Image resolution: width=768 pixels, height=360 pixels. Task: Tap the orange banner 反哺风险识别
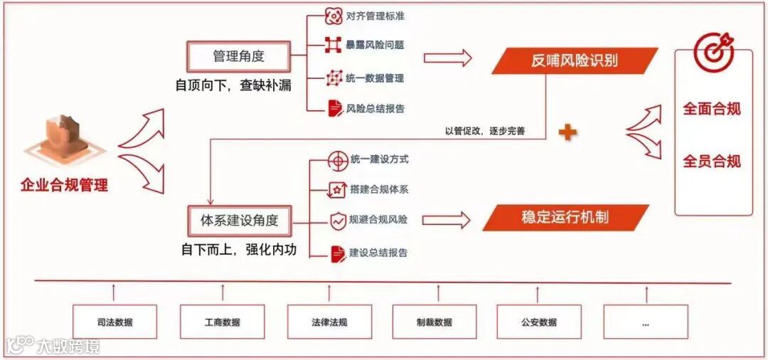[x=575, y=60]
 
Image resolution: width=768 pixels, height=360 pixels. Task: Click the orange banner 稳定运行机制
[x=565, y=217]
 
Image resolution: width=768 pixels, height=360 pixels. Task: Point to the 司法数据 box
[x=114, y=322]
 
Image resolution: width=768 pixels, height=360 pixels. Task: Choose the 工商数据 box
[x=222, y=322]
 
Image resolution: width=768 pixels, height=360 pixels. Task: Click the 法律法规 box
[x=329, y=322]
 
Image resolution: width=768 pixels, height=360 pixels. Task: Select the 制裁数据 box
[x=434, y=322]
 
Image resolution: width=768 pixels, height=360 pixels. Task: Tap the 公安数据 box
[x=538, y=322]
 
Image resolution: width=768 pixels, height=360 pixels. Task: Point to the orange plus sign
[x=567, y=132]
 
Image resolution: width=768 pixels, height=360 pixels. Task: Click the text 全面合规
[x=712, y=109]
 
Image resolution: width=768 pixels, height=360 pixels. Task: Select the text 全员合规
[x=712, y=162]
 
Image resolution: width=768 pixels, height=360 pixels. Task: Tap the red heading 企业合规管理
[x=64, y=186]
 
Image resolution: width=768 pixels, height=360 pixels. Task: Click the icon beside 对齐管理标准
[x=334, y=16]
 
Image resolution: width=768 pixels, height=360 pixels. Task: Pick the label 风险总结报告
[x=375, y=109]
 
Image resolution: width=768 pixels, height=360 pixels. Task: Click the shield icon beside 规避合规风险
[x=337, y=220]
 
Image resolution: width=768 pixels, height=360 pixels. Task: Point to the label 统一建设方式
[x=379, y=159]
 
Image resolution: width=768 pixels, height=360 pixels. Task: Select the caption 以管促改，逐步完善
[x=484, y=131]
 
